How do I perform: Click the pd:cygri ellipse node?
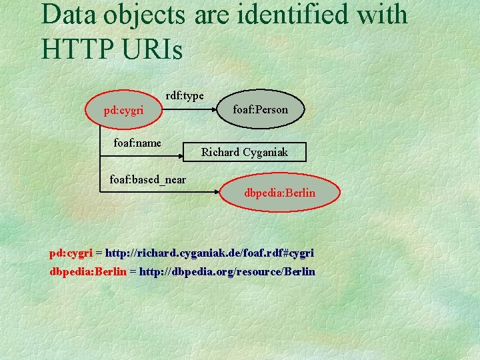click(123, 110)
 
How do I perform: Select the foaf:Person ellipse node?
click(260, 109)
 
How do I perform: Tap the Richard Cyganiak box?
click(245, 153)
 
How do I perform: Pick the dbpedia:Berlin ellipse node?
click(280, 194)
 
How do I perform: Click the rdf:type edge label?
click(185, 96)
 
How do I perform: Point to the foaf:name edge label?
click(137, 142)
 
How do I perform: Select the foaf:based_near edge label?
click(147, 179)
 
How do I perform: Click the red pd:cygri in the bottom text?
click(71, 253)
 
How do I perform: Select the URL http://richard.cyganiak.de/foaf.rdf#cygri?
click(209, 253)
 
